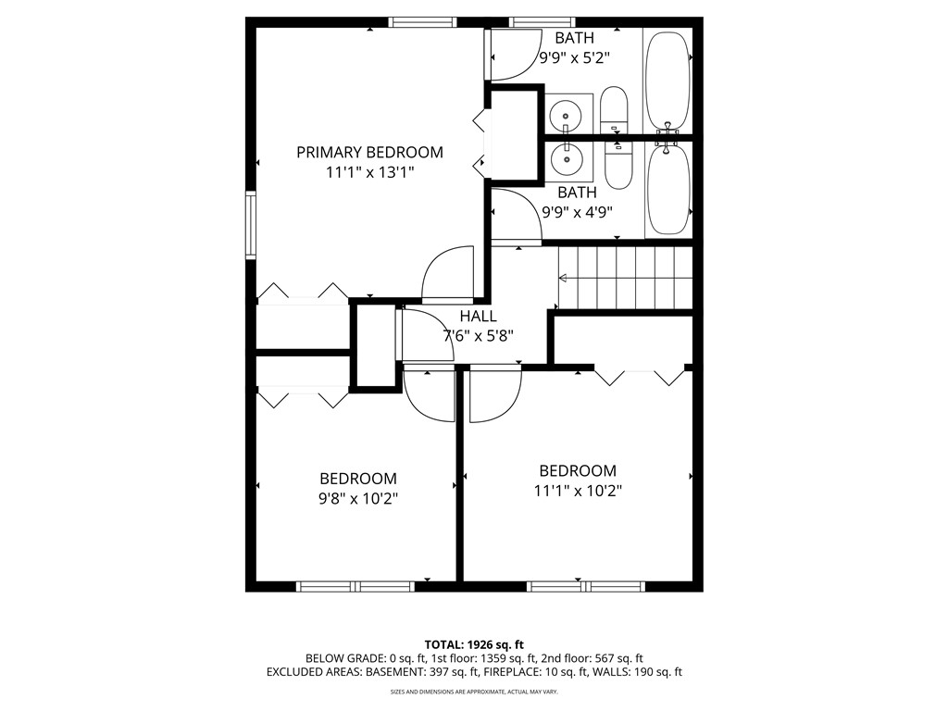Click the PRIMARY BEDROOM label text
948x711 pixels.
click(x=369, y=152)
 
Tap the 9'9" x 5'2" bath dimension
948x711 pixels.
click(x=574, y=57)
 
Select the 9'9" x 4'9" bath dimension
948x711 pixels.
click(x=576, y=211)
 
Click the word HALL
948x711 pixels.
click(x=478, y=317)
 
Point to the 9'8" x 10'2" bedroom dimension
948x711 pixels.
click(x=358, y=498)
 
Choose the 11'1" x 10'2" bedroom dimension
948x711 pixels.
click(x=578, y=491)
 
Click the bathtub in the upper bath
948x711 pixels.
click(x=667, y=81)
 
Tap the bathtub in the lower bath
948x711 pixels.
click(x=667, y=188)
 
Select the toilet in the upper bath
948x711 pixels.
click(x=614, y=109)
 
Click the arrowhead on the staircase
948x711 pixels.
click(x=563, y=277)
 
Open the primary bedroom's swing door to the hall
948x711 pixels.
click(x=449, y=275)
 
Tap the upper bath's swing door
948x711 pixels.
click(x=514, y=56)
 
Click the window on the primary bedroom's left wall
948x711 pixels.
click(x=250, y=224)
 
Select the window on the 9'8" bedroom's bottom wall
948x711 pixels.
click(x=355, y=586)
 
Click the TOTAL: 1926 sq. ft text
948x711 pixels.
click(x=474, y=644)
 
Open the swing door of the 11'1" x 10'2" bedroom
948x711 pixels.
click(x=494, y=395)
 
